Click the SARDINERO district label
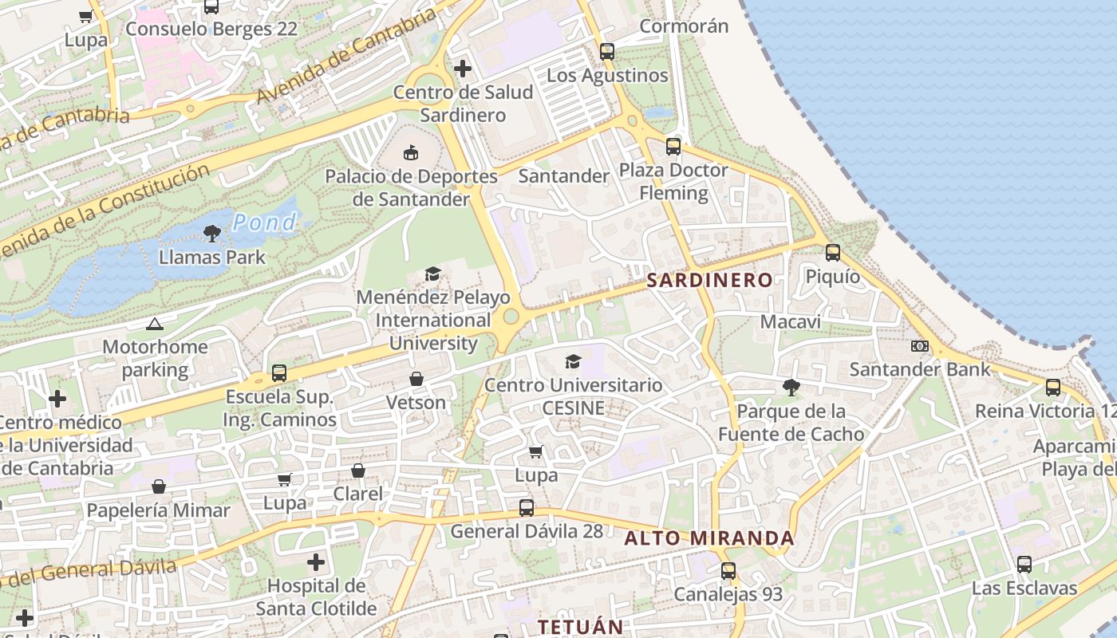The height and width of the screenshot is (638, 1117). (709, 280)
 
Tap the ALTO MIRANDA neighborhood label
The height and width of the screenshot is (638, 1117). (709, 538)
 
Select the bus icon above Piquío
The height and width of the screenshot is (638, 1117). (833, 253)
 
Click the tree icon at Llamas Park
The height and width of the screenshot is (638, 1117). (211, 234)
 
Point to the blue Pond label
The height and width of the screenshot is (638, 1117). (264, 223)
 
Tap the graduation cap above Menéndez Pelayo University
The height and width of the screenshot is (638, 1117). (432, 274)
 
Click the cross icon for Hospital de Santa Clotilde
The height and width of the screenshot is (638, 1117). (316, 562)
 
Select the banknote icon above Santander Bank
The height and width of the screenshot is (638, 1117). (920, 346)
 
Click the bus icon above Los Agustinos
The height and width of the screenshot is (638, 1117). (607, 52)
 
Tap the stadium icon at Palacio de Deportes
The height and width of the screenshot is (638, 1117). (411, 152)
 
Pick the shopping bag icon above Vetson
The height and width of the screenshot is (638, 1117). (416, 379)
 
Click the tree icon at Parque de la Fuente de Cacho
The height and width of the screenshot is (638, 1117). (791, 388)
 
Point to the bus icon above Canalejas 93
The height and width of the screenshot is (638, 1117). (728, 571)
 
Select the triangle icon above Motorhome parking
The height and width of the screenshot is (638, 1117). (154, 324)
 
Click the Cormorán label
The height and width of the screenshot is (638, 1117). (684, 26)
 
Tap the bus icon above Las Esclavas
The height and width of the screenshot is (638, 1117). (1024, 565)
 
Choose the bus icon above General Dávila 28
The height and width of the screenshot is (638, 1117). (527, 507)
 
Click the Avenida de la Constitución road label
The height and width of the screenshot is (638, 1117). (104, 211)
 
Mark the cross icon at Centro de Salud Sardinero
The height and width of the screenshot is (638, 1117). (463, 69)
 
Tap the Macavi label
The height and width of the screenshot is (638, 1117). (790, 322)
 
